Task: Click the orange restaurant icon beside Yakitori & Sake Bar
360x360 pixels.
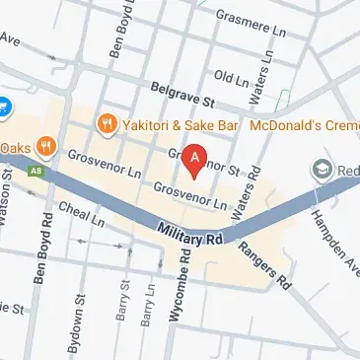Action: click(x=108, y=124)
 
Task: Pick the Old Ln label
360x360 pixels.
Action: click(x=231, y=77)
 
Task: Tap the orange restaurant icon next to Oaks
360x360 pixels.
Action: click(x=43, y=148)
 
